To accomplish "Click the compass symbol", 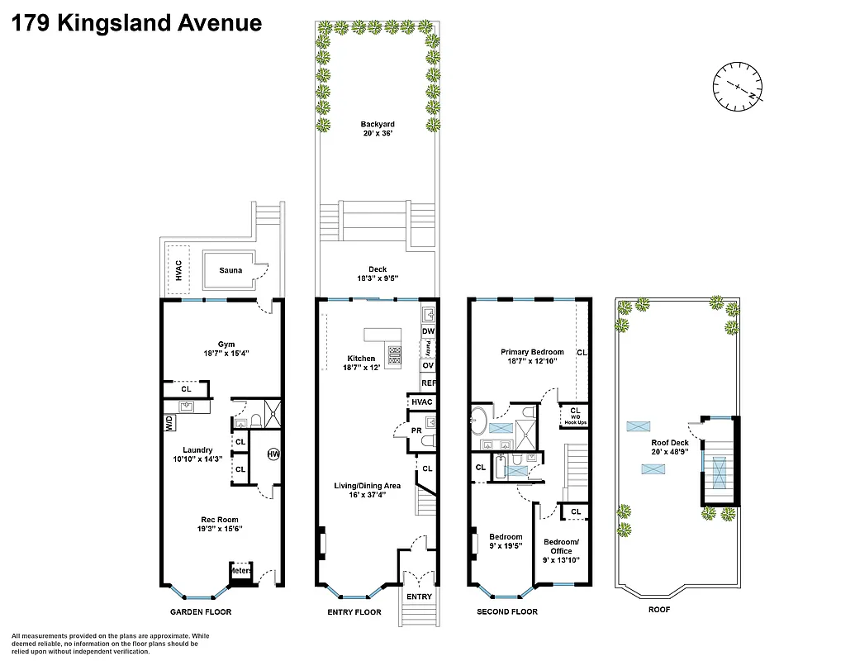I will click(738, 86).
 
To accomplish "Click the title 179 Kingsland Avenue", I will click(137, 22).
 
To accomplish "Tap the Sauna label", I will click(230, 270).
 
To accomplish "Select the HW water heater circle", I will click(273, 454).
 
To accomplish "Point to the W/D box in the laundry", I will click(169, 422).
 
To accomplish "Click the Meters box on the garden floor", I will click(240, 571).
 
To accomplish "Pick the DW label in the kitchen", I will click(428, 331).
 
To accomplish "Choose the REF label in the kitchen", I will click(428, 383).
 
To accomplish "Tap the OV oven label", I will click(428, 365).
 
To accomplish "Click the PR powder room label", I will click(417, 430).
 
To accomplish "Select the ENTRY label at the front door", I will click(419, 597).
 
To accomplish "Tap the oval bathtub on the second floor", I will click(478, 421).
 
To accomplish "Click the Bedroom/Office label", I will click(561, 550).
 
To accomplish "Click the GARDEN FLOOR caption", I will click(201, 612).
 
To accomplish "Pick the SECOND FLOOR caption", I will click(507, 612).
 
